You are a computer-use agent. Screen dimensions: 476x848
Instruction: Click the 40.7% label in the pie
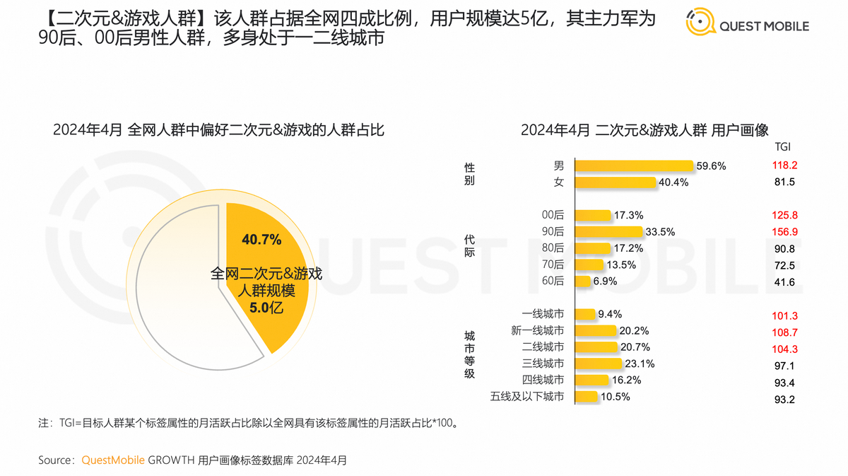(x=261, y=239)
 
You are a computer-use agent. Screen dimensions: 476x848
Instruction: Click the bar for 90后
(x=608, y=231)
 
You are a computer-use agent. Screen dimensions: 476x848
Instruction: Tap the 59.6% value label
(x=711, y=166)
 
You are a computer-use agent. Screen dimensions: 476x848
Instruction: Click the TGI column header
(x=782, y=146)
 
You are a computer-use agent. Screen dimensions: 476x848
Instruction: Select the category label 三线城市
(x=543, y=364)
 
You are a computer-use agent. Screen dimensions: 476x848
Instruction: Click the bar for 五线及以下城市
(x=586, y=397)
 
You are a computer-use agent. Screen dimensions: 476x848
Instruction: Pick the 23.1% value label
(x=640, y=364)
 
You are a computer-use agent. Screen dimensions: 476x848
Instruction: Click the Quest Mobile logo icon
(x=699, y=23)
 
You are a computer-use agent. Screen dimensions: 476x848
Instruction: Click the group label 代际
(x=469, y=245)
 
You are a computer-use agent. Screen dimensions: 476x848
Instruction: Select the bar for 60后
(x=582, y=281)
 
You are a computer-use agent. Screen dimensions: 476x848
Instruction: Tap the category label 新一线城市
(x=537, y=330)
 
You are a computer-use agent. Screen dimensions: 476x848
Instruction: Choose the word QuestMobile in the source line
(x=113, y=460)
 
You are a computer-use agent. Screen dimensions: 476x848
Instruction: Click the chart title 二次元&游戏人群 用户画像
(x=644, y=129)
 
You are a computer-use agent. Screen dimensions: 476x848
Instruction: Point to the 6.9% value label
(x=606, y=281)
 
